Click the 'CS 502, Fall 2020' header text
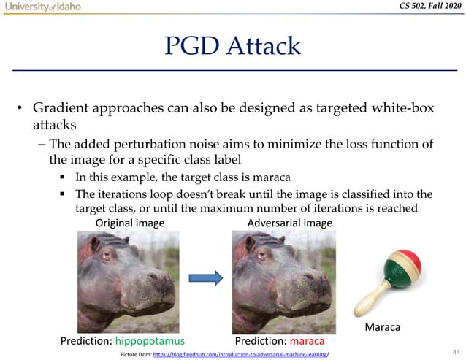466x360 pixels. click(422, 7)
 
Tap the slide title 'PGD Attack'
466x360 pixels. click(233, 46)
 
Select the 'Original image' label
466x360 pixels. click(131, 223)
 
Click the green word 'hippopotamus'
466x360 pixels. click(150, 341)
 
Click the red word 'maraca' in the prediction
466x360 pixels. click(307, 341)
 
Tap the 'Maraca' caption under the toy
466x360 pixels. click(382, 328)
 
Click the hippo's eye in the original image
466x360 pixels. click(107, 256)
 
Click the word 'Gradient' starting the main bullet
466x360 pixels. click(63, 108)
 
